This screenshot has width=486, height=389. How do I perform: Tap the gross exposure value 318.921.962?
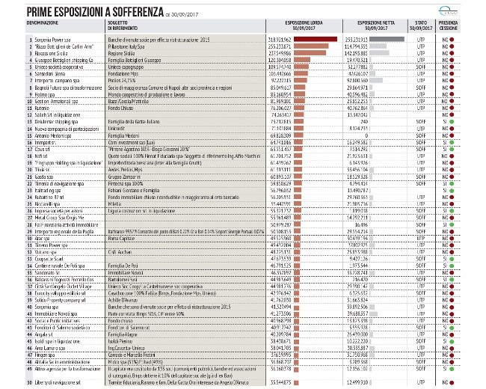click(x=277, y=37)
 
